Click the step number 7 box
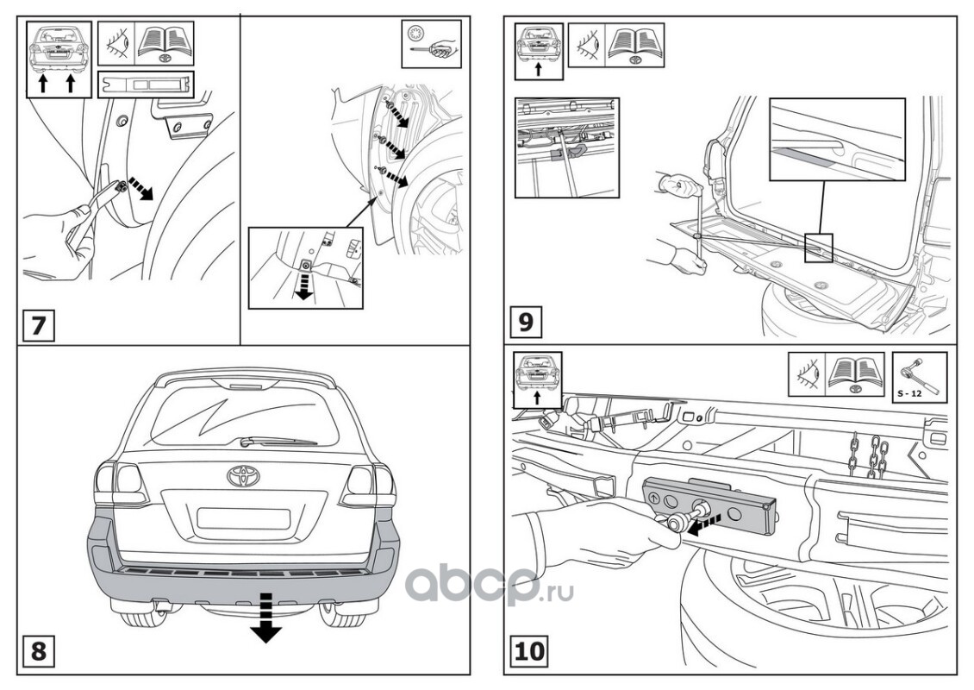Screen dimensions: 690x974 tap(38, 326)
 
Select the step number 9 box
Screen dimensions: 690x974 tap(527, 323)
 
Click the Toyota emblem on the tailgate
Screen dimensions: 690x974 tap(242, 475)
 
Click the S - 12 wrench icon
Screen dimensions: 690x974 tap(919, 378)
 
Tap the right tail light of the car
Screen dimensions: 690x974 tap(368, 485)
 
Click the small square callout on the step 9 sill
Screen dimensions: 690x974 tap(818, 248)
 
